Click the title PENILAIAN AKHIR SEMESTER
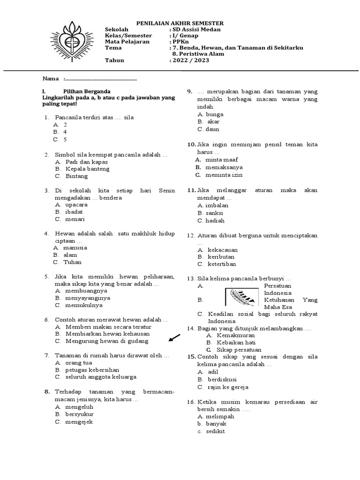pyautogui.click(x=180, y=23)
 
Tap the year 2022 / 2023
pyautogui.click(x=191, y=60)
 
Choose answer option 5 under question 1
pyautogui.click(x=66, y=139)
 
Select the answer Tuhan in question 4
pyautogui.click(x=72, y=262)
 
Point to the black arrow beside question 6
pyautogui.click(x=174, y=337)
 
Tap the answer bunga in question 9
pyautogui.click(x=214, y=114)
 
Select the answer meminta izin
pyautogui.click(x=224, y=175)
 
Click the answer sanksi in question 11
pyautogui.click(x=214, y=213)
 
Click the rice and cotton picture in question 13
pyautogui.click(x=242, y=296)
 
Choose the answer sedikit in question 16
pyautogui.click(x=215, y=431)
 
